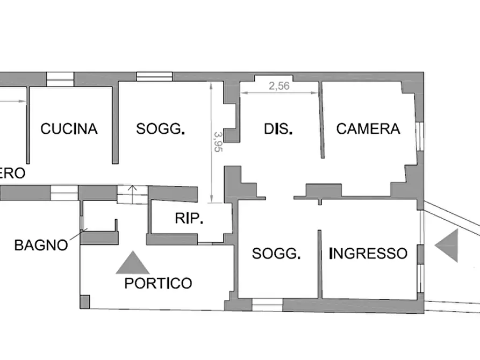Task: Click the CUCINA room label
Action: (69, 128)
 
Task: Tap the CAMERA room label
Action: (368, 128)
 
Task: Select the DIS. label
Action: (278, 129)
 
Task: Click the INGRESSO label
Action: (368, 253)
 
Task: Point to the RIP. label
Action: (189, 218)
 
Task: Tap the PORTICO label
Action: (158, 283)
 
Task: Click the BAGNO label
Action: (41, 245)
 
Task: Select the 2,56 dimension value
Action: (279, 86)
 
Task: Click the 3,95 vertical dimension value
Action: (219, 142)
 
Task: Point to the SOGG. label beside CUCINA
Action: (160, 128)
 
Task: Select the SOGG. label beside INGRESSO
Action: (276, 253)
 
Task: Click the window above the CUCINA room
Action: (60, 80)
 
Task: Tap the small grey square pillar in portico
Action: (85, 301)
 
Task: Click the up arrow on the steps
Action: (132, 194)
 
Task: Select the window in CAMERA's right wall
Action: (420, 136)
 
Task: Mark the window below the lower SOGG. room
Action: (267, 305)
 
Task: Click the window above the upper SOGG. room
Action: (154, 76)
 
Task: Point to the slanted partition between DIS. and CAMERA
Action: (321, 120)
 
